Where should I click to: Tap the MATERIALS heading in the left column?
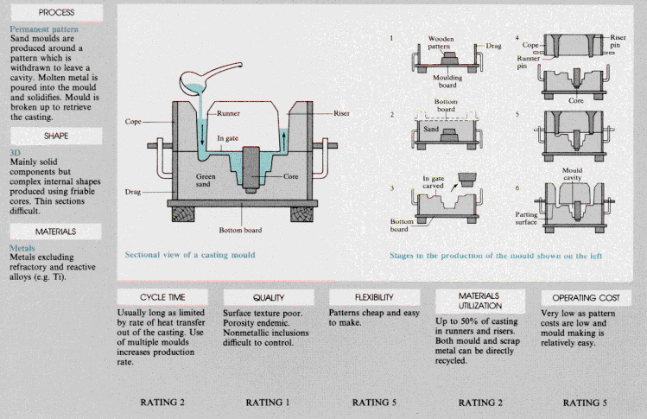[56, 232]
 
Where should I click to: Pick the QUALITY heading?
[269, 296]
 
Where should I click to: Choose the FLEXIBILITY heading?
[374, 296]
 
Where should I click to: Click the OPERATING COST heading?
[580, 296]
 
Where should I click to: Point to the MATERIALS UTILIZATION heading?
[479, 300]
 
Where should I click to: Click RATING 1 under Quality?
[269, 402]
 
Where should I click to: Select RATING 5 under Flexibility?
[374, 402]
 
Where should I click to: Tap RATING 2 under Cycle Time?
[162, 402]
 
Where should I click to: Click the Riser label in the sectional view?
[341, 113]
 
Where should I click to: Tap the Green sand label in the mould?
[212, 181]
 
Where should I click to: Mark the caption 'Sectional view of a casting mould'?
[190, 255]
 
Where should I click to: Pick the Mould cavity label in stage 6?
[574, 175]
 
